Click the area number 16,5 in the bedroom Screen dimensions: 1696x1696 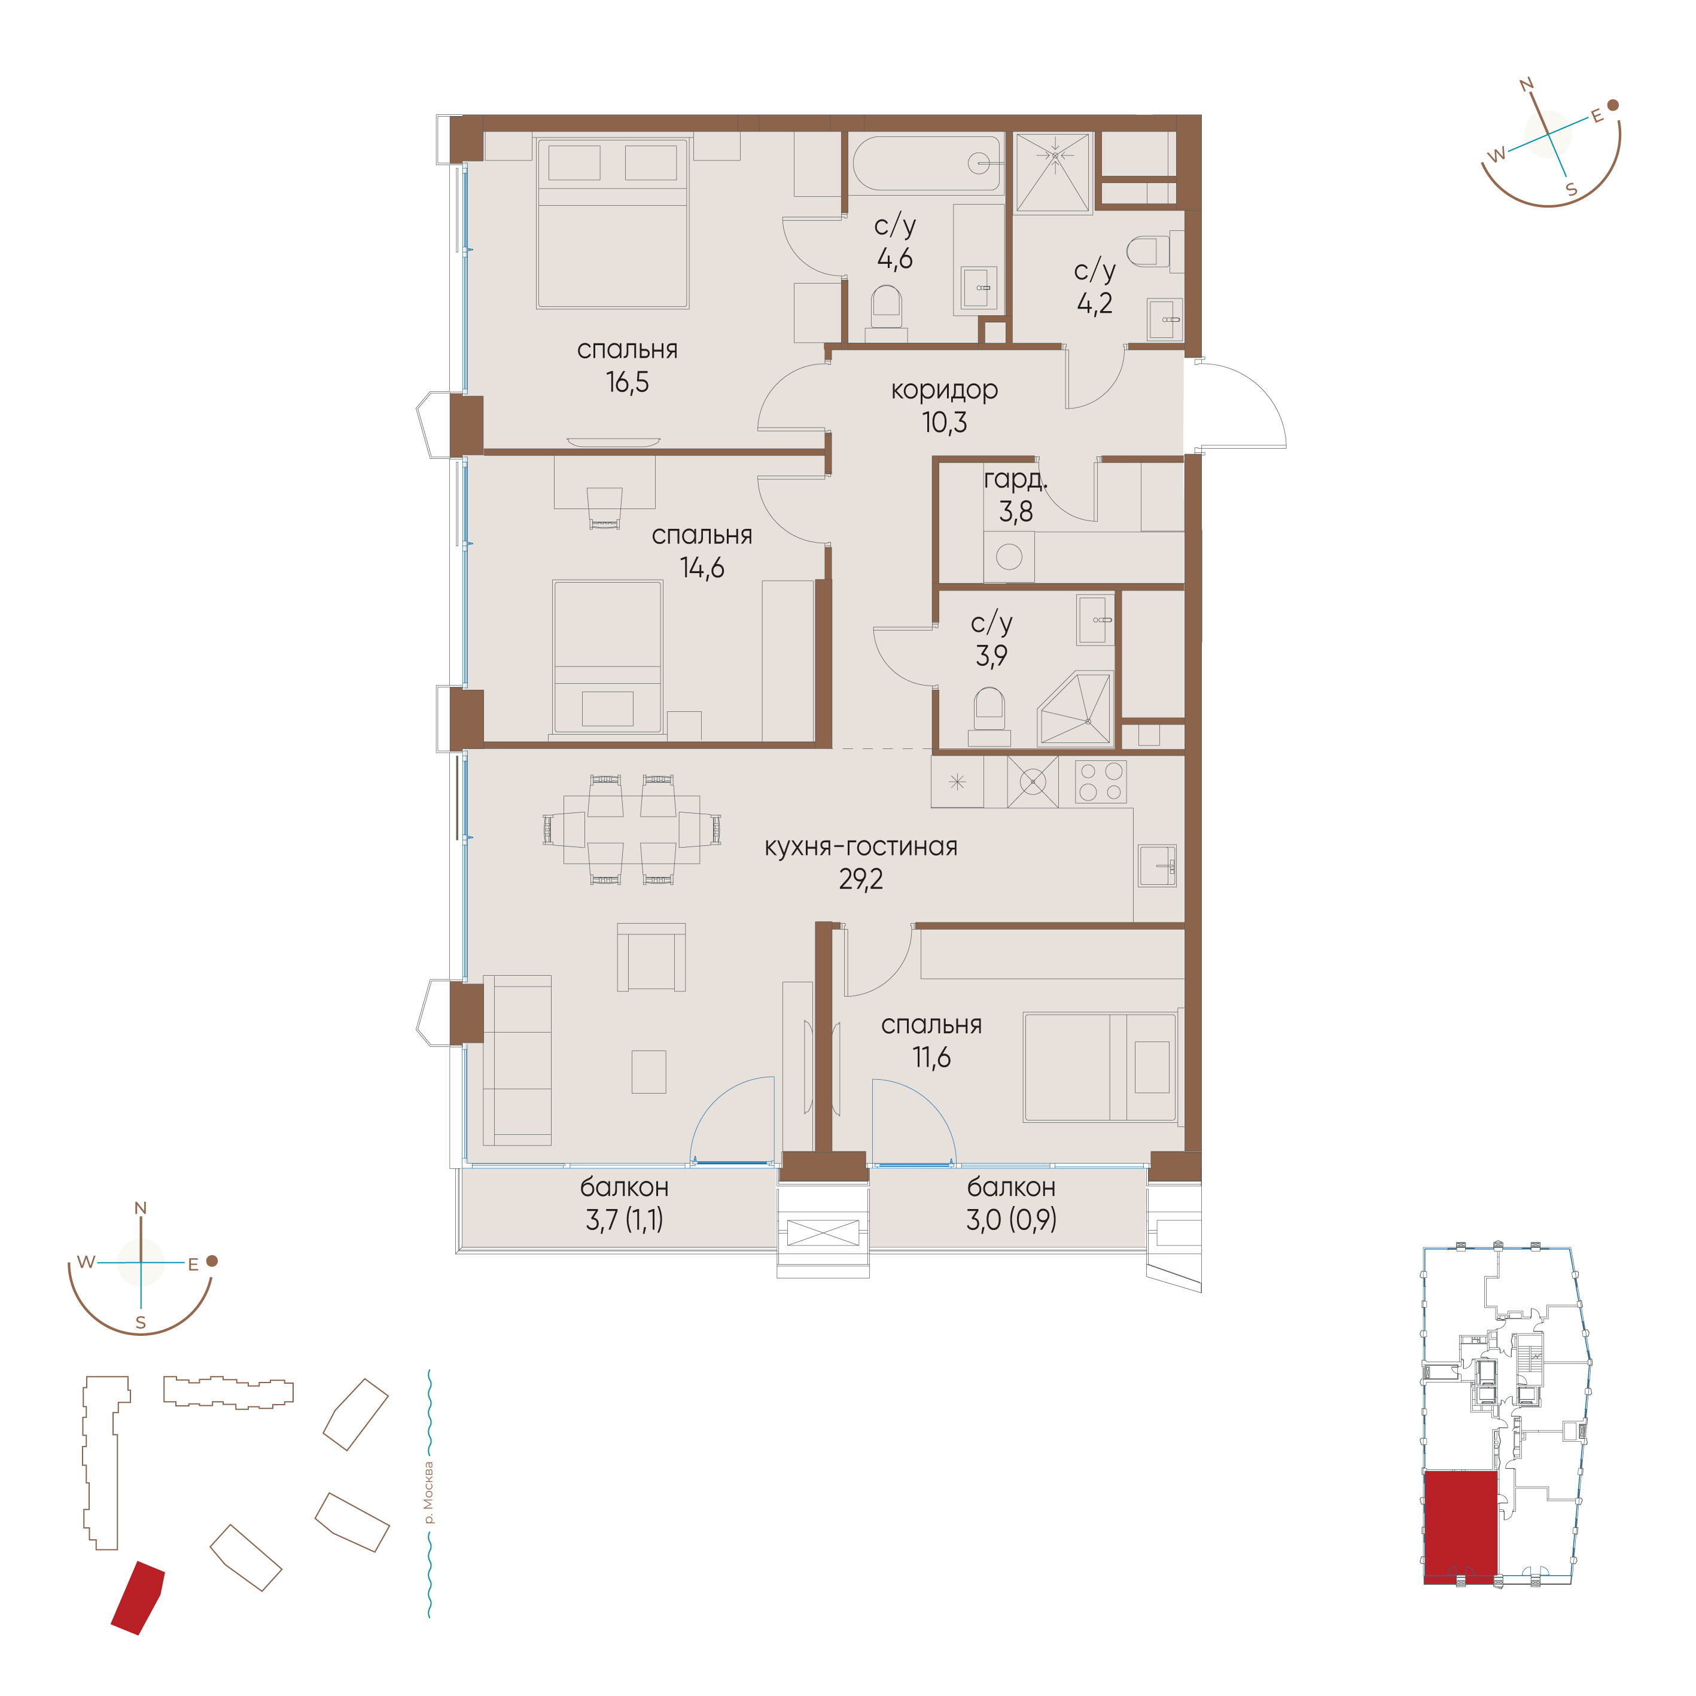pos(627,383)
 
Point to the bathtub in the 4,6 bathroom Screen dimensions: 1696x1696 pos(927,163)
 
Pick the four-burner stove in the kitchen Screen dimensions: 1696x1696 pos(1101,781)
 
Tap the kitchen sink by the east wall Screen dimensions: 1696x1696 pos(1157,866)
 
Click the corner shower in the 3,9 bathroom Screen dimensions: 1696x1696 pos(1076,710)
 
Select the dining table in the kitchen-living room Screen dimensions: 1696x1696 pos(631,830)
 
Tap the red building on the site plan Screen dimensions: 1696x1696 pos(138,1598)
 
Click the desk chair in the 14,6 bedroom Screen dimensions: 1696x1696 pos(604,507)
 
